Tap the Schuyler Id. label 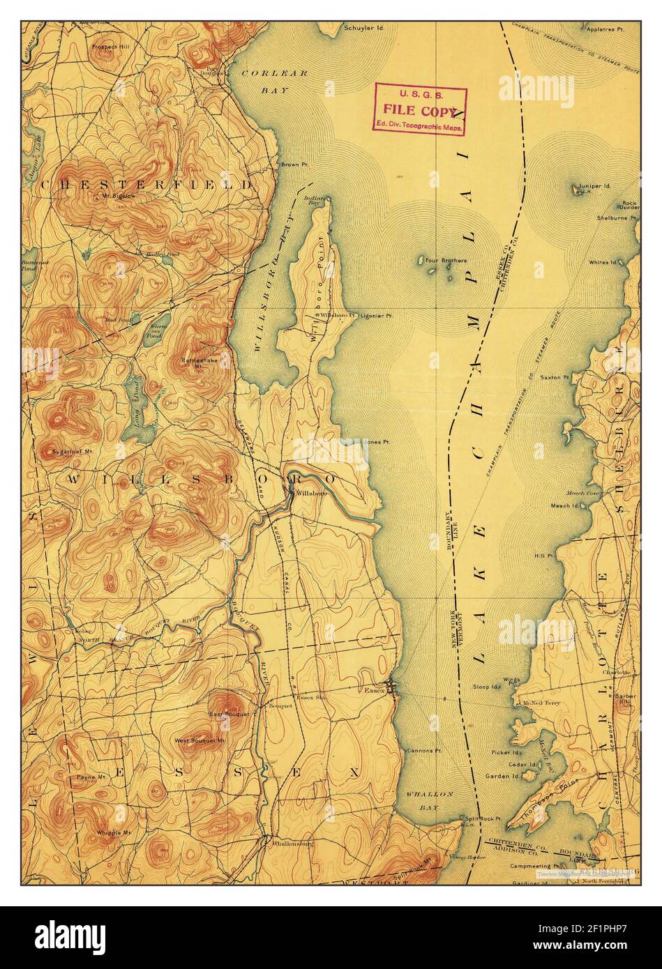pyautogui.click(x=363, y=29)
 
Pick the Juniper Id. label pyautogui.click(x=594, y=186)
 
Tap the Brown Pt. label pyautogui.click(x=290, y=165)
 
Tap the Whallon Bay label pyautogui.click(x=437, y=800)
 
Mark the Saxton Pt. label pyautogui.click(x=559, y=377)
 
